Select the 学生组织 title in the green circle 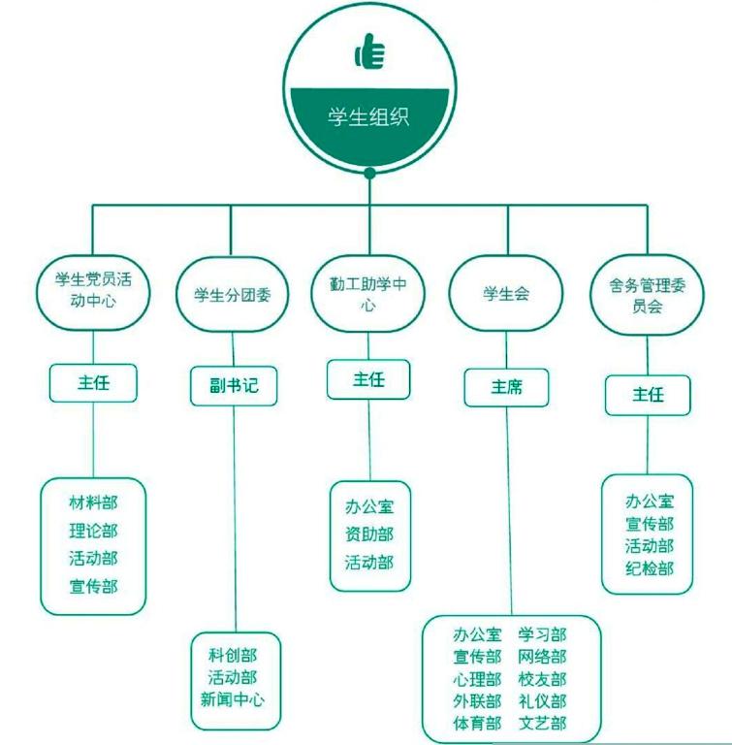[x=369, y=117]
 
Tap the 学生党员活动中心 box [x=93, y=288]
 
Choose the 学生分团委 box [x=233, y=295]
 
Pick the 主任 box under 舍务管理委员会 [x=648, y=395]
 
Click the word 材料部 [x=93, y=503]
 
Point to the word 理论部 [x=93, y=531]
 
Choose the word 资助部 [x=369, y=534]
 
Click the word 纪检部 [x=649, y=567]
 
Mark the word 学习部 [x=542, y=635]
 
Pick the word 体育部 [x=477, y=723]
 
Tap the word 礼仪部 [x=542, y=700]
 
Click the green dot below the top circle [x=369, y=174]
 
